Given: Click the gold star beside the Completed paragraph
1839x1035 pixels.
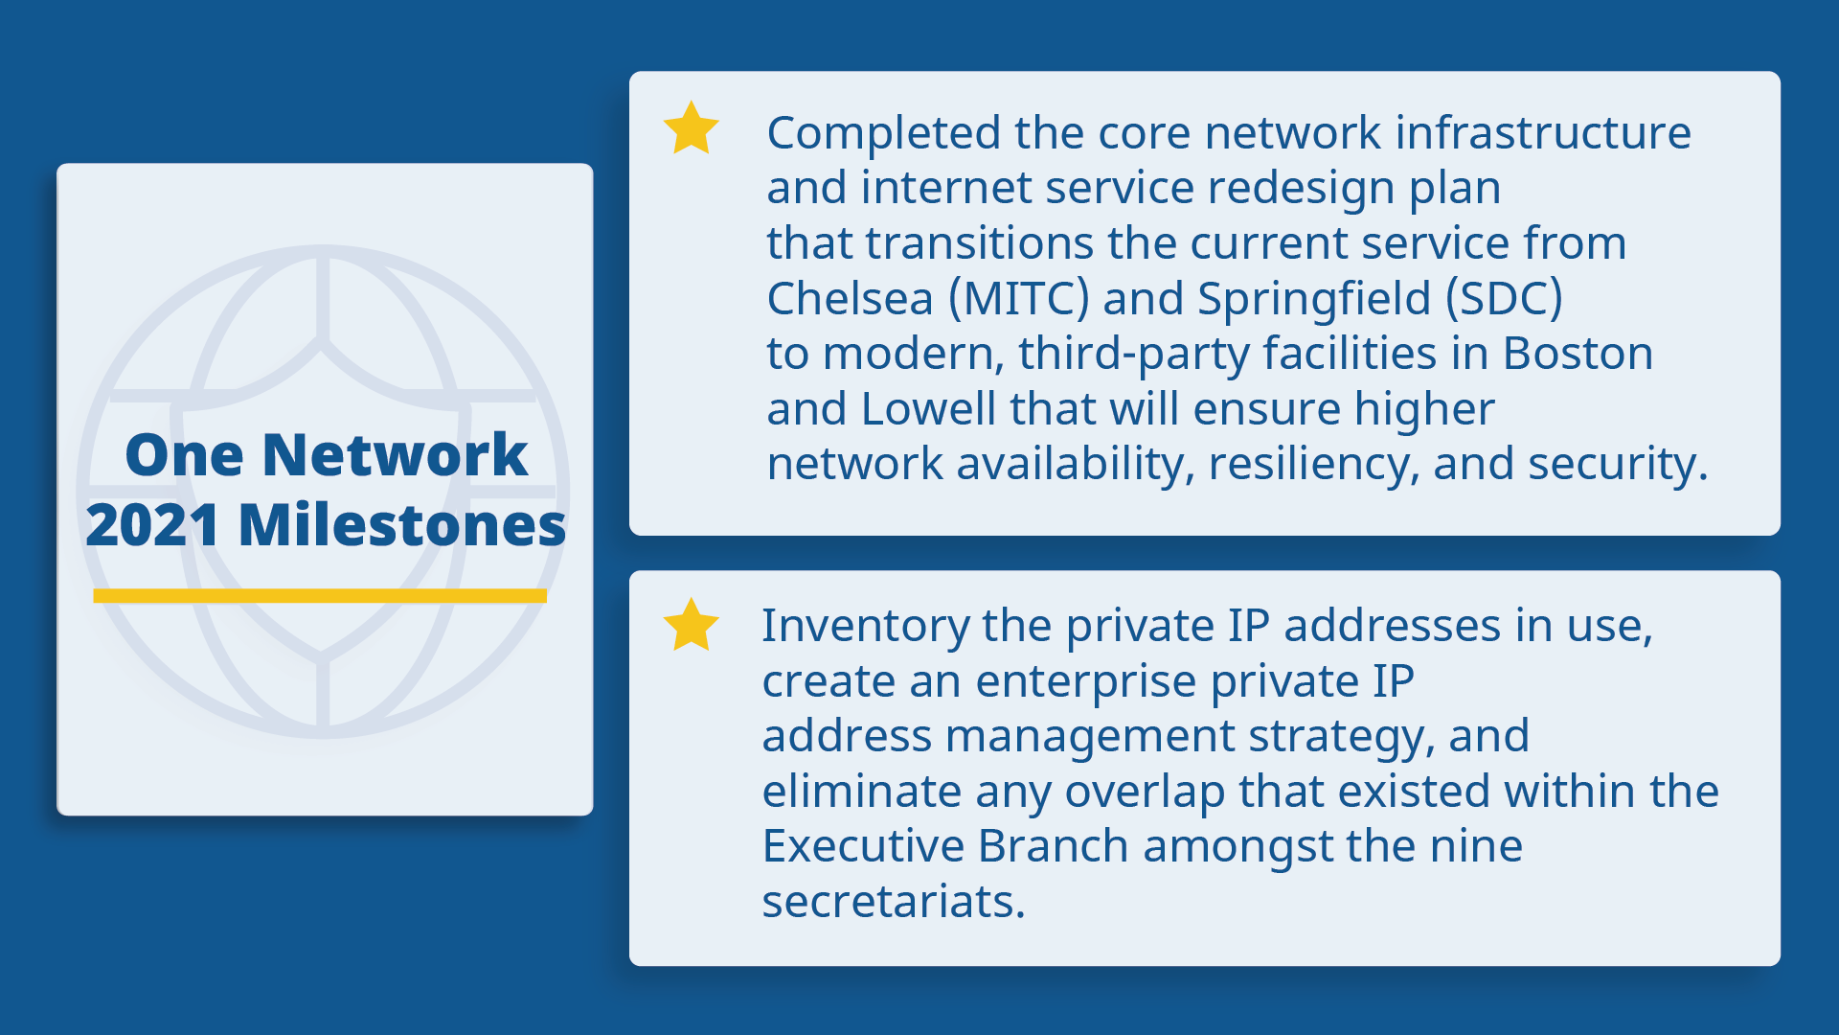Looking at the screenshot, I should [x=691, y=129].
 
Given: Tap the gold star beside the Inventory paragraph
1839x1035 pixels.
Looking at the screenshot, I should [x=691, y=627].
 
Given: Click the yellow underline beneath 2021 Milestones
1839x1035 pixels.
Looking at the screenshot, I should [x=320, y=595].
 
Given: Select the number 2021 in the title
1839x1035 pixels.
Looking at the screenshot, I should [x=153, y=525].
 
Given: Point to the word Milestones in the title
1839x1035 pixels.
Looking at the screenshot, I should [x=402, y=525].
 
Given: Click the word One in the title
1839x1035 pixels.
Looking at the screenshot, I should [x=184, y=454].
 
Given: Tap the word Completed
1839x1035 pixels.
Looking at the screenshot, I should [x=883, y=133].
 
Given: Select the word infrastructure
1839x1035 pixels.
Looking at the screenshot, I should [x=1543, y=133].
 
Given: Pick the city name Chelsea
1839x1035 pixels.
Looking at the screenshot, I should [x=850, y=299].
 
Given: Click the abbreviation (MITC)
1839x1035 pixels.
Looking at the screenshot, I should [x=1018, y=299].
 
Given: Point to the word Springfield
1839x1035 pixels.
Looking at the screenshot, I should [x=1313, y=299].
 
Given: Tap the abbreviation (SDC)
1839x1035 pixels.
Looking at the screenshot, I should [x=1504, y=299].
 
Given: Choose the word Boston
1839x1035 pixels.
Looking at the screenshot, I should [x=1578, y=354].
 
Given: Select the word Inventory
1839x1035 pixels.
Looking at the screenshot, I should [x=865, y=627].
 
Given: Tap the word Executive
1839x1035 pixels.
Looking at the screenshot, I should [x=863, y=846].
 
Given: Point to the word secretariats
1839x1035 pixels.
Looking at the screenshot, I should [x=893, y=902].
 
